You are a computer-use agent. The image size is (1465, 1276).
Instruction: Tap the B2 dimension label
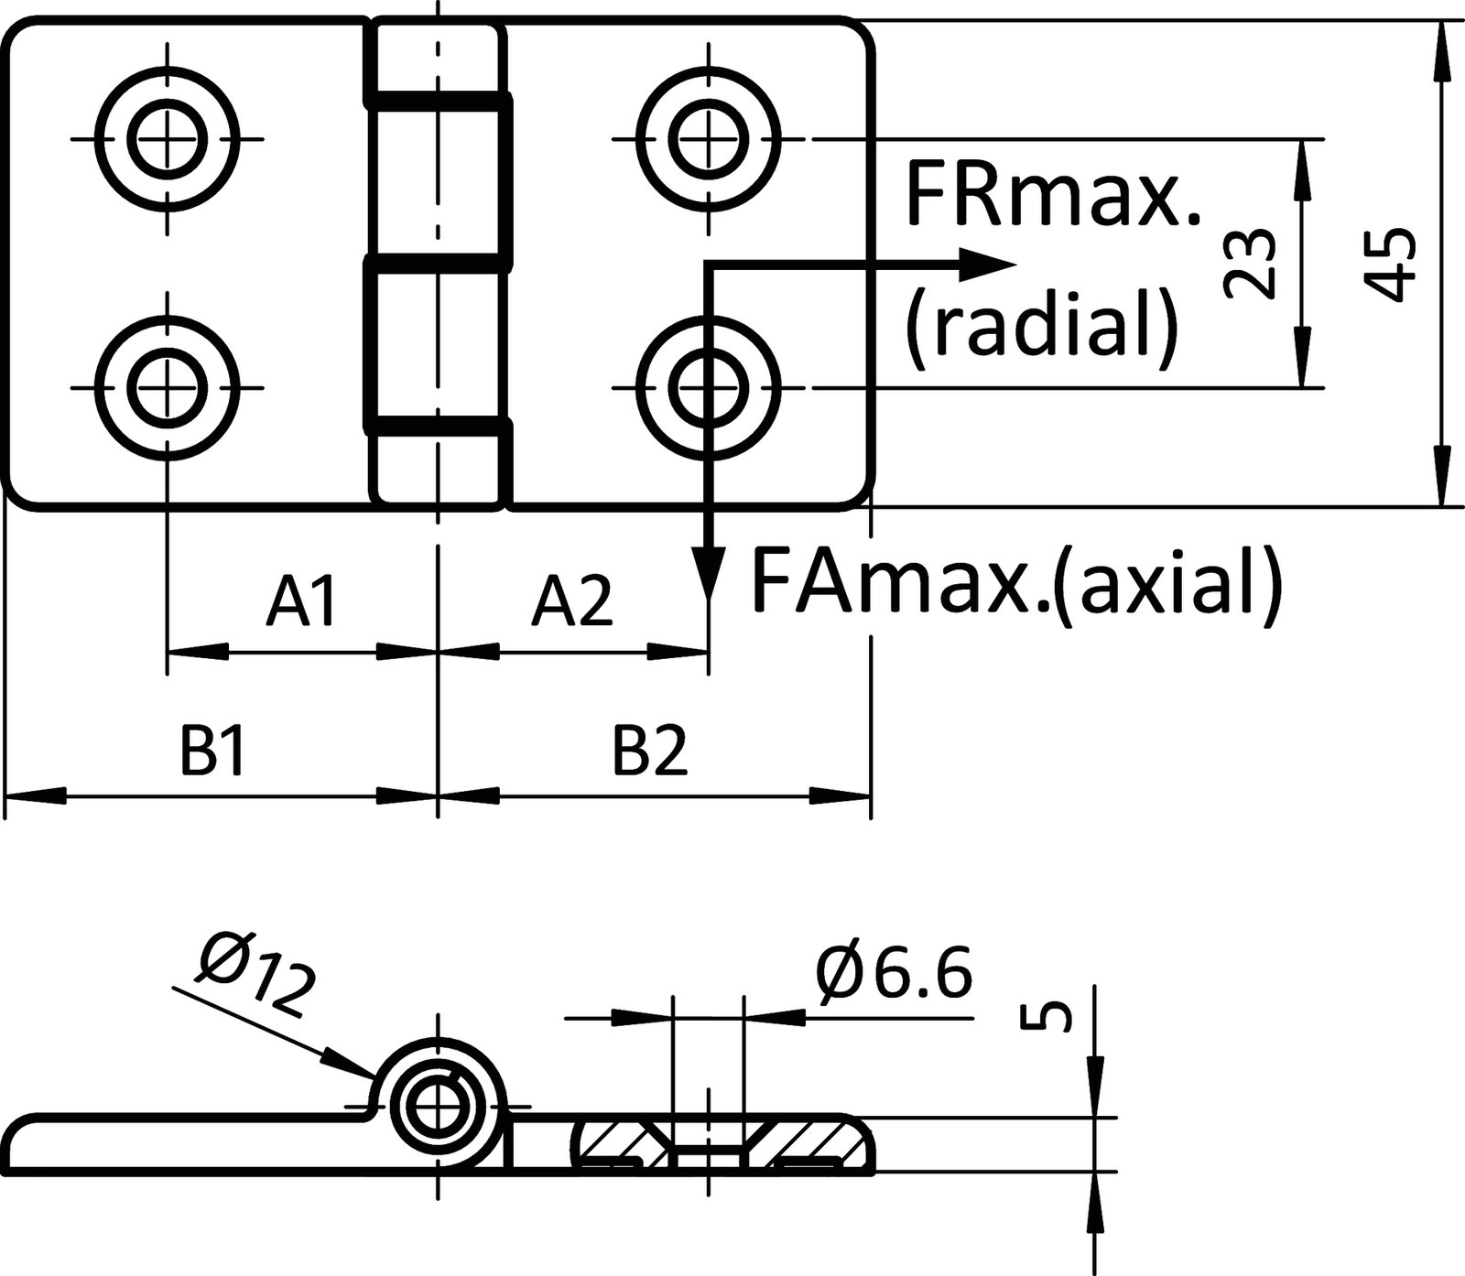649,752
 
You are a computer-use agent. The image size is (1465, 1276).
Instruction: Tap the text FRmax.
1053,193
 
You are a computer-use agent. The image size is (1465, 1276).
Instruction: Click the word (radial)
1040,324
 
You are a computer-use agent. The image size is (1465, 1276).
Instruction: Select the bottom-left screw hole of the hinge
168,387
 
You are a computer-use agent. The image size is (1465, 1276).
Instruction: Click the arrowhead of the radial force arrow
993,264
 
